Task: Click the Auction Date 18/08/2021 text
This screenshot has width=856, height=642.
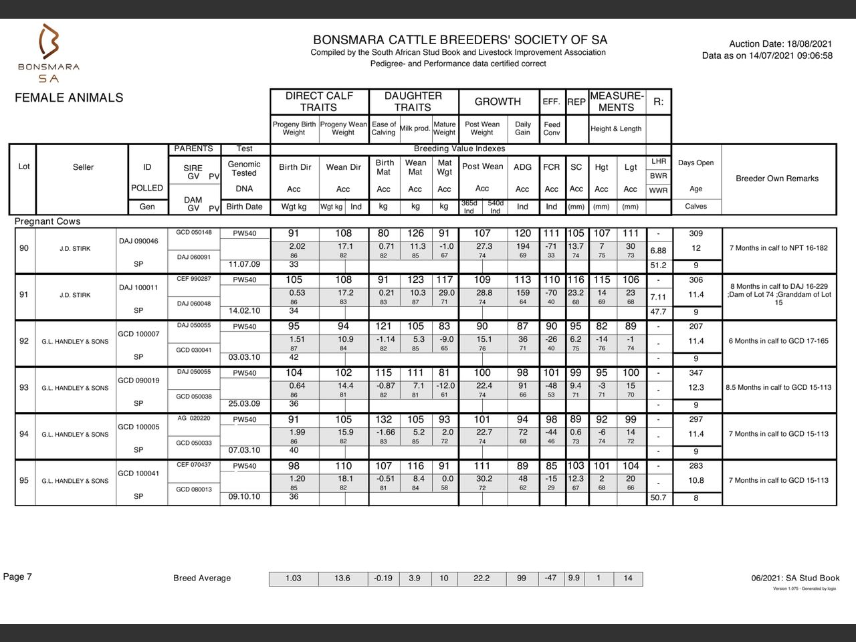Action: click(780, 43)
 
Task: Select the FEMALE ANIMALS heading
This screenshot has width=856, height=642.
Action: click(69, 98)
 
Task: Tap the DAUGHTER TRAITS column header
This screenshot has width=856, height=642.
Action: click(413, 101)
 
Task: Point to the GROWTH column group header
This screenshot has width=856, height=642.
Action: click(498, 101)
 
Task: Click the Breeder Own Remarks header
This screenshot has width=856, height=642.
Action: click(777, 179)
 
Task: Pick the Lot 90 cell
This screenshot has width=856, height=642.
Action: click(24, 248)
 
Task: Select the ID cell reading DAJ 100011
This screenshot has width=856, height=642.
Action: click(138, 288)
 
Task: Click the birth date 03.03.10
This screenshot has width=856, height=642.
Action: click(244, 357)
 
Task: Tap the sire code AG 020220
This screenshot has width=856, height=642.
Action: click(193, 418)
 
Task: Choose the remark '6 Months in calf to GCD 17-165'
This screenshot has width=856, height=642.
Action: click(778, 341)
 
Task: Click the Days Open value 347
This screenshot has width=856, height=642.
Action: click(695, 372)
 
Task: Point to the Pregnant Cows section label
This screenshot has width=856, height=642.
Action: click(47, 221)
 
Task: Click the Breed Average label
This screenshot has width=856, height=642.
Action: click(202, 578)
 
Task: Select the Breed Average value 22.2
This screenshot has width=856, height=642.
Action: click(481, 578)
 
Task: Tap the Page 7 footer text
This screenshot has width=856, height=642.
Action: click(18, 576)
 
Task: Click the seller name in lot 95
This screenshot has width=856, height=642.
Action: click(75, 481)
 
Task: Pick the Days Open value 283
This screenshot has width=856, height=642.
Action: click(695, 465)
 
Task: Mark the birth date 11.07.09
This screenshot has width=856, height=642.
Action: click(244, 264)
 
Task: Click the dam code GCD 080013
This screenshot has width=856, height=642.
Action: click(193, 489)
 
